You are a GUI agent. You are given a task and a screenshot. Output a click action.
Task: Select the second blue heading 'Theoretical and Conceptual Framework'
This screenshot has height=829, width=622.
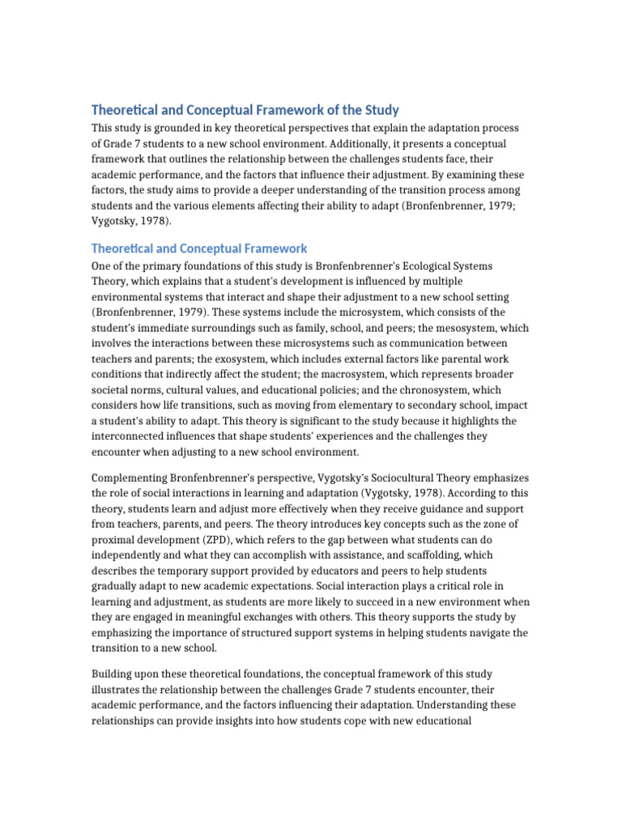199,249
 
